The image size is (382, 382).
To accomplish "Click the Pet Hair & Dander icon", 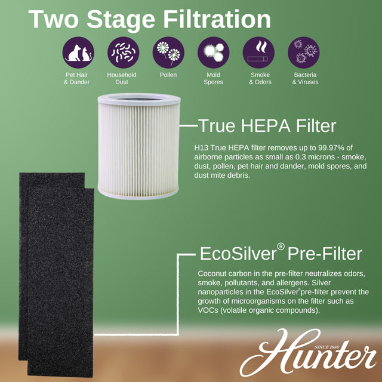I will [78, 53].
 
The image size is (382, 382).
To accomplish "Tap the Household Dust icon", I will [122, 53].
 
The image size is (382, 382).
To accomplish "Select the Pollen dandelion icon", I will [168, 53].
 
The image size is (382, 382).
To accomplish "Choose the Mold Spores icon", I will [213, 53].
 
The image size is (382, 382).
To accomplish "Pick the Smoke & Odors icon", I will [258, 53].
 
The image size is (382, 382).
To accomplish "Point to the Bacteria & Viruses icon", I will [303, 53].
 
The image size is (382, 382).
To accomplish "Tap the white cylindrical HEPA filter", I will [137, 149].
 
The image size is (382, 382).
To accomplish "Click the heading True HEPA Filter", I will [267, 125].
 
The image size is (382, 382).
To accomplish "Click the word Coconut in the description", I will [214, 273].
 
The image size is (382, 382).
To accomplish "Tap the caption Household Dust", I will [122, 78].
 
